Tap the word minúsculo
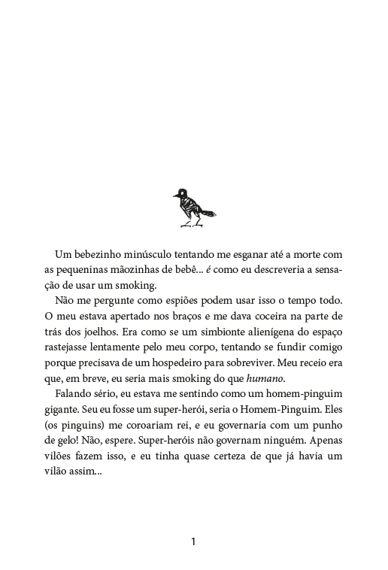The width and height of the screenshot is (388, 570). click(x=157, y=254)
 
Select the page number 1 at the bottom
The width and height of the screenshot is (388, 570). click(x=194, y=541)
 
